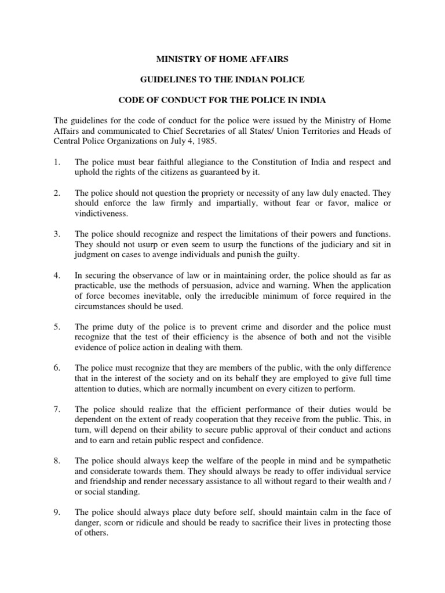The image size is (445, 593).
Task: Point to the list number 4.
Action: click(x=57, y=276)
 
